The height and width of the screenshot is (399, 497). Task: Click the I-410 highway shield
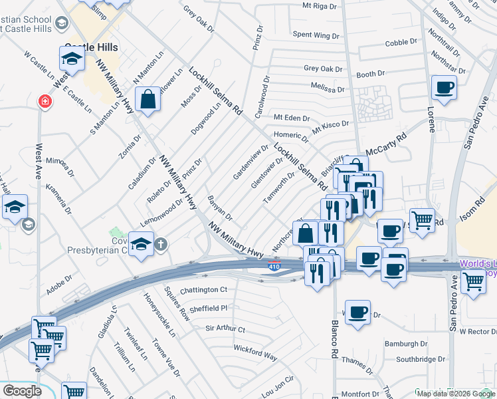(274, 267)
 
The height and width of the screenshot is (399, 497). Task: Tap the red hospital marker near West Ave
(45, 102)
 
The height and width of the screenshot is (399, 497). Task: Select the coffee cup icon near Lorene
(444, 87)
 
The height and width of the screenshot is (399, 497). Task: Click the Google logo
(22, 391)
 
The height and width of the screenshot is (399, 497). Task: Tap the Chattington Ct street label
(204, 290)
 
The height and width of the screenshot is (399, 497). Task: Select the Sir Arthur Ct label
(225, 329)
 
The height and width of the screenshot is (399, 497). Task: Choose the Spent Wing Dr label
(316, 34)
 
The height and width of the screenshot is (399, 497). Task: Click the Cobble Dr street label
(401, 42)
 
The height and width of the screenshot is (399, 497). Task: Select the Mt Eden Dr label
(292, 118)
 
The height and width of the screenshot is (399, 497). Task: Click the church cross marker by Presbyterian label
(161, 244)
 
